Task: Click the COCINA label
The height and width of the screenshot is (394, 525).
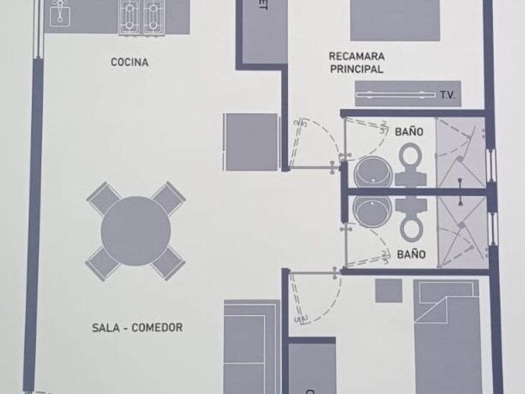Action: pos(129,62)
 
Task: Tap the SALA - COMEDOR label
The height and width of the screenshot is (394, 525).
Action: pos(137,327)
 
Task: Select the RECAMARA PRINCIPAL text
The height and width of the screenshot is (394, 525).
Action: pos(356,63)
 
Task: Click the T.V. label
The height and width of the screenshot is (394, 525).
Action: pos(447,95)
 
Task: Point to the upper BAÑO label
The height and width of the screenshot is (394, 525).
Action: pos(409,132)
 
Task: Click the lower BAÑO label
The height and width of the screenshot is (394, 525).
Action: pos(411,255)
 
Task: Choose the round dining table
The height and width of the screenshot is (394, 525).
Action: pos(136,230)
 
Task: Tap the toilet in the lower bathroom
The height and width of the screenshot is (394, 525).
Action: pos(411,220)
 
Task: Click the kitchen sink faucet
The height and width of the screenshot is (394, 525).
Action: pos(59,11)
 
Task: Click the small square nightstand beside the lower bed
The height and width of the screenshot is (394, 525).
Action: pos(389,291)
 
